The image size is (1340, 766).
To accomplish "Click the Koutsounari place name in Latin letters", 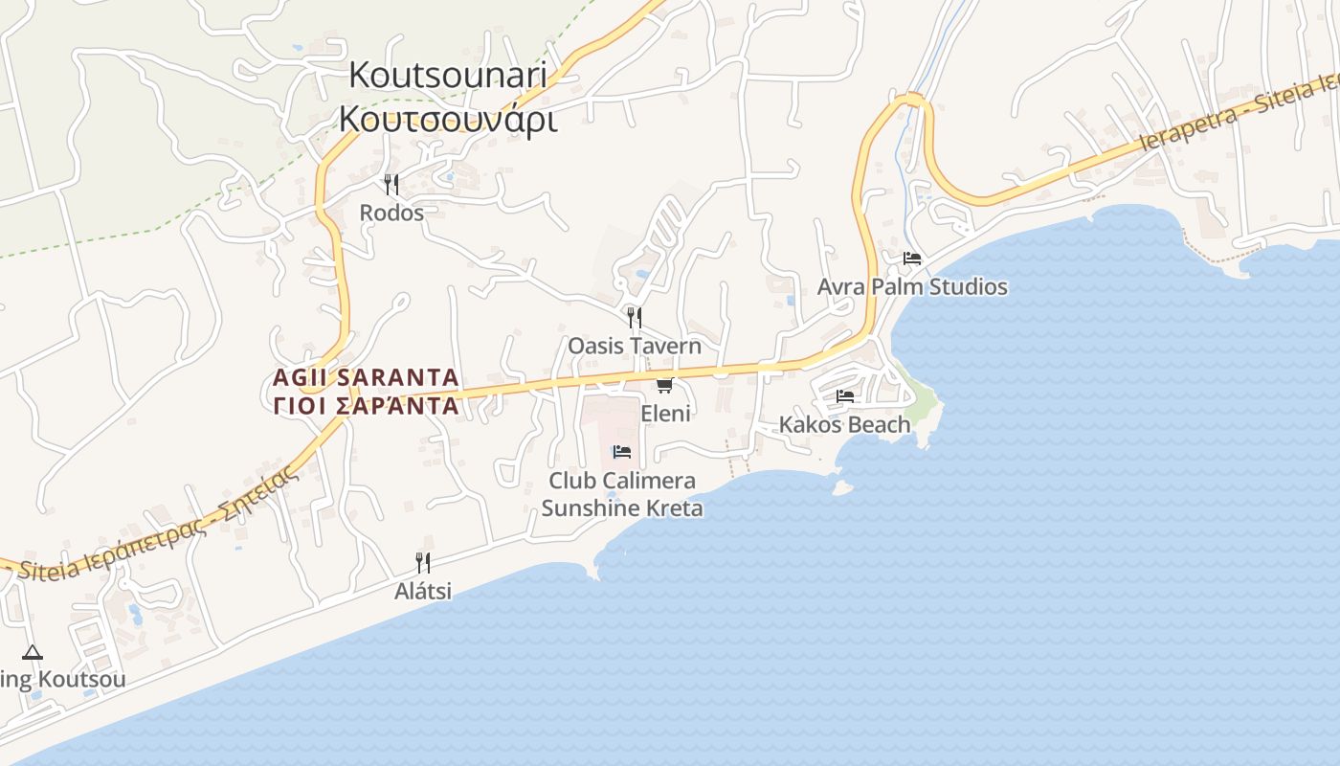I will (x=447, y=75).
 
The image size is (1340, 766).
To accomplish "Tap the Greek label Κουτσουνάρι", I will (x=447, y=119).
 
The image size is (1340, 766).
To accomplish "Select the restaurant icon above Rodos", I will (x=391, y=184).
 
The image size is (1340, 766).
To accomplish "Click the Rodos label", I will (x=391, y=213).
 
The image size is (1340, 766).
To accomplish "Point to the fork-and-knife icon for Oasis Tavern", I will (x=634, y=317).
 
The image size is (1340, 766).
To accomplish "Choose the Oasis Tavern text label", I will (x=635, y=346).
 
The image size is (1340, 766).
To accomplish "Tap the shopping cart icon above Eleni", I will (x=664, y=385).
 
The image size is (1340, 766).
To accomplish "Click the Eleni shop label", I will (x=665, y=414).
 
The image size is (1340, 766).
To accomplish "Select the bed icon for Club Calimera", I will (x=622, y=452).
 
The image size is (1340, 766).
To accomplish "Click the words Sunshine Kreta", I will (x=622, y=508).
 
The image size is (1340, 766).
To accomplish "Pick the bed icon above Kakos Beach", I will (x=844, y=395).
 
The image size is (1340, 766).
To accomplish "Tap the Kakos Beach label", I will (x=844, y=424).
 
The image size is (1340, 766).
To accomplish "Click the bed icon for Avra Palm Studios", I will (x=911, y=259).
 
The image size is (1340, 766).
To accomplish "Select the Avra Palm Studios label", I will (x=912, y=286).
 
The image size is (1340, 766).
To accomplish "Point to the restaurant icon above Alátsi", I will (x=423, y=562).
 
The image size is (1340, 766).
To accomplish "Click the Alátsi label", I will (x=423, y=591).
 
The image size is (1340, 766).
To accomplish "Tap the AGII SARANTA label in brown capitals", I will (x=366, y=377).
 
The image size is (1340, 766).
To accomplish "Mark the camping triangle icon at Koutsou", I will (x=33, y=653).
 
